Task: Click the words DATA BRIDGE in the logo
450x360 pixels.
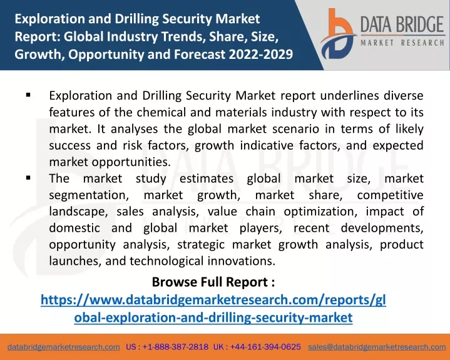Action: click(x=402, y=24)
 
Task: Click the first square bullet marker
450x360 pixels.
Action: click(x=28, y=95)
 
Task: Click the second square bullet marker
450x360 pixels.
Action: click(x=28, y=178)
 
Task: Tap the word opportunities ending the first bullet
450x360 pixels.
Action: click(x=131, y=163)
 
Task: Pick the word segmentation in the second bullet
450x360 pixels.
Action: click(x=89, y=195)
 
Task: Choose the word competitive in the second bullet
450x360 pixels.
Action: click(x=391, y=195)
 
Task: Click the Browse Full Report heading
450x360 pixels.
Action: click(x=213, y=282)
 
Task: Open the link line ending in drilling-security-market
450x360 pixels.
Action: click(x=213, y=317)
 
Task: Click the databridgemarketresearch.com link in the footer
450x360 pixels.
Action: click(x=64, y=347)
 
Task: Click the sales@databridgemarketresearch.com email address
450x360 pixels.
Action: click(x=377, y=347)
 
